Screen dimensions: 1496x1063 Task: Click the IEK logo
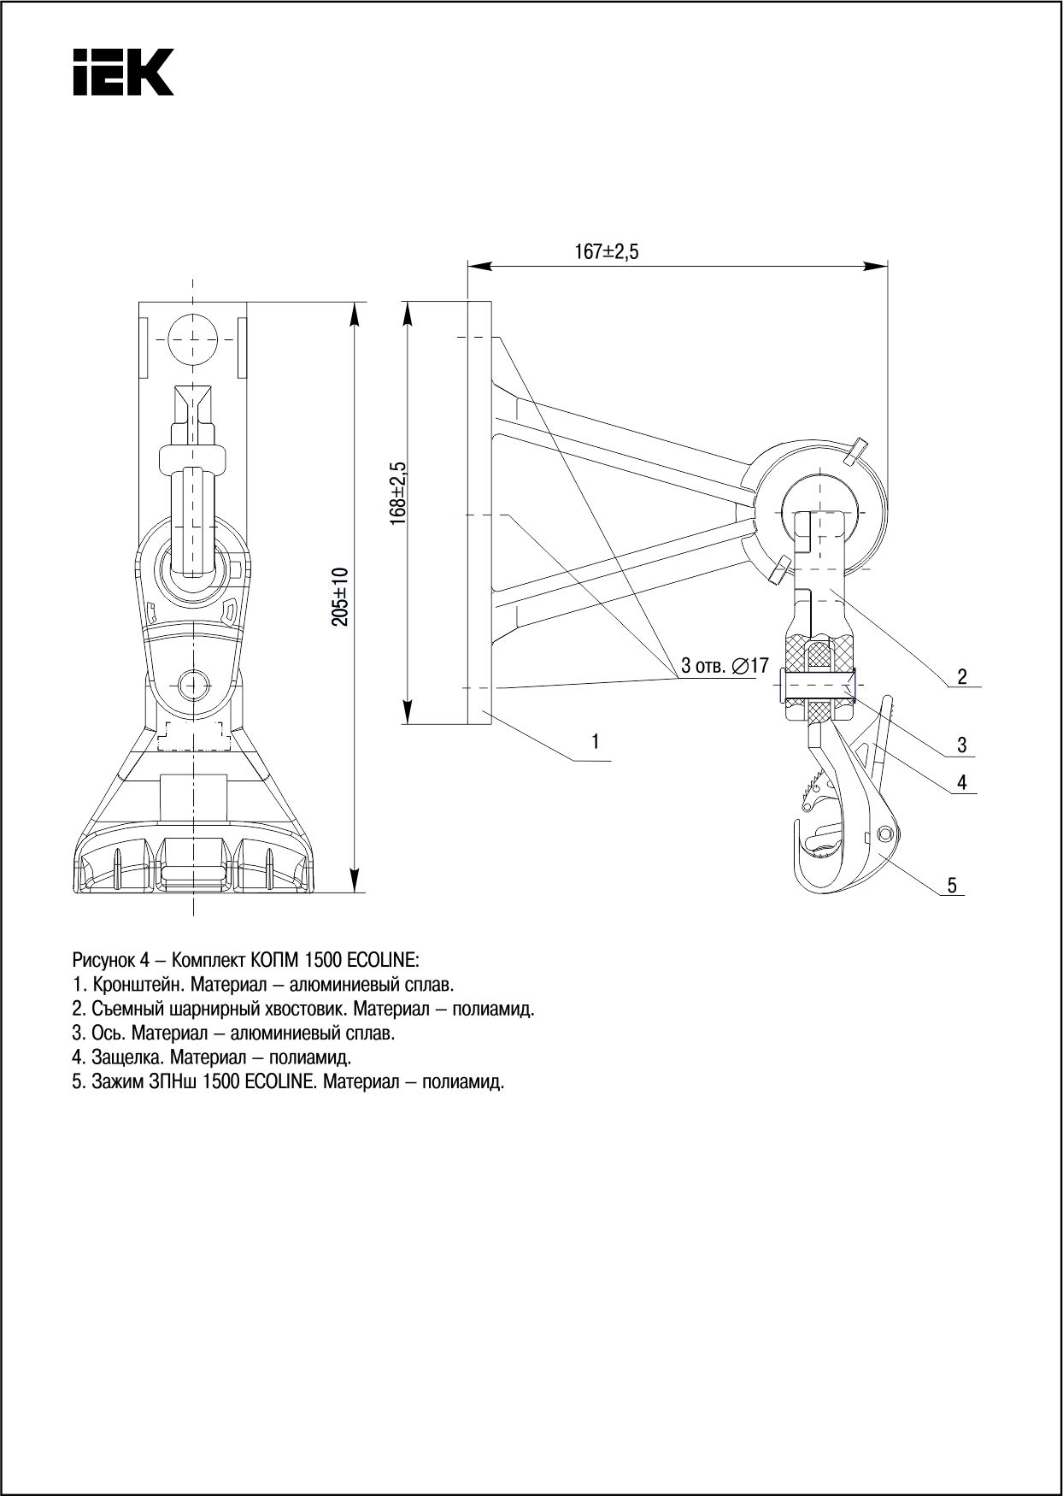[x=123, y=72]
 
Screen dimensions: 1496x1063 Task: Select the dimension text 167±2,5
[x=607, y=252]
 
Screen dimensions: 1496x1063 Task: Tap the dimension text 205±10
[x=340, y=596]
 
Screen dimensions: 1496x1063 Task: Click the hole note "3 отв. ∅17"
[x=725, y=665]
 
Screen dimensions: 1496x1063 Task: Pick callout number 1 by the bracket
[x=596, y=741]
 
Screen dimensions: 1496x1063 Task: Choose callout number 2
[x=961, y=677]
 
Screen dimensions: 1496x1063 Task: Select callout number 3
[x=961, y=745]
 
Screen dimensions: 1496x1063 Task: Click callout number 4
[x=961, y=782]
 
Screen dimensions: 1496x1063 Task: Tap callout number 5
[x=951, y=885]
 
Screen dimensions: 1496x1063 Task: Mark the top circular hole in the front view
[x=193, y=339]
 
